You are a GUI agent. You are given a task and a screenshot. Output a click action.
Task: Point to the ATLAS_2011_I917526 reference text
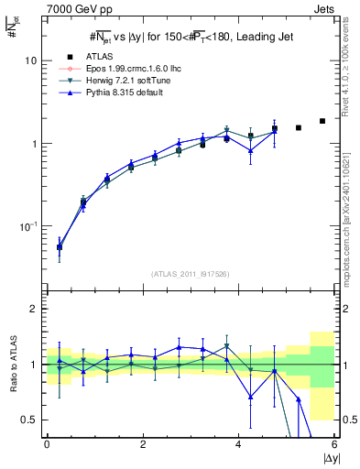189,275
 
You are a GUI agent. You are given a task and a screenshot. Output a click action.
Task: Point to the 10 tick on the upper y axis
30,60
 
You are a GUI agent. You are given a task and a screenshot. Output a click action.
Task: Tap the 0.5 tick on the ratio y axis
28,420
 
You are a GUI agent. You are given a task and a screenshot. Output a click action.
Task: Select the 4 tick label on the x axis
239,445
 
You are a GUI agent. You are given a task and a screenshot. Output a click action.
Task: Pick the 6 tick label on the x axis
334,445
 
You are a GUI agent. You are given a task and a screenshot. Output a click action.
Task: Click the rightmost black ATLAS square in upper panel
322,121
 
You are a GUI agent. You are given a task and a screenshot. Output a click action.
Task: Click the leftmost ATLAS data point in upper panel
60,246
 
